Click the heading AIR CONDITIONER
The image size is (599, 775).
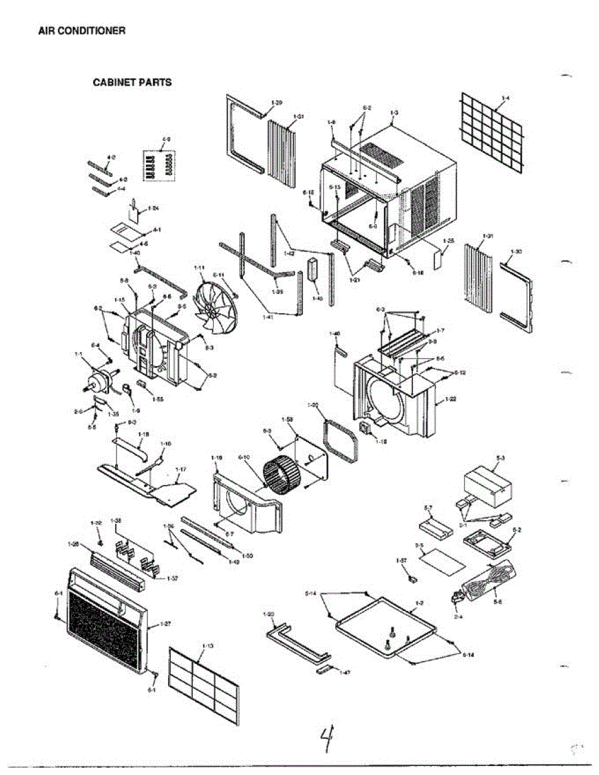[x=81, y=31]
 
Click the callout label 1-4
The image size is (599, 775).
[x=506, y=98]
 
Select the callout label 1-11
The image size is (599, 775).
[x=199, y=267]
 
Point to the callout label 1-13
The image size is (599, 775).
[x=208, y=646]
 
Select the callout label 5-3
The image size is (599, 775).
[x=499, y=457]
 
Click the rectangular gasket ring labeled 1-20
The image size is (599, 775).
[x=341, y=441]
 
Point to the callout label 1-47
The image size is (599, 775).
[x=345, y=673]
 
